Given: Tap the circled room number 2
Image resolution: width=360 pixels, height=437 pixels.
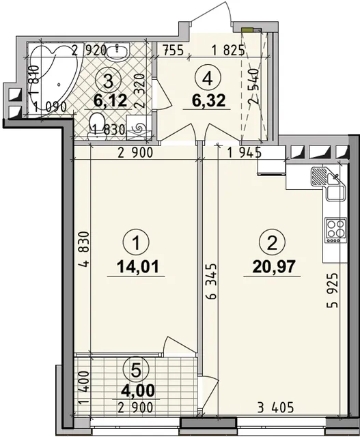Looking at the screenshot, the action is pyautogui.click(x=272, y=243).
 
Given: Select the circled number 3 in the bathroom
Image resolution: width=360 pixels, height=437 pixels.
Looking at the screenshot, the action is pyautogui.click(x=108, y=81).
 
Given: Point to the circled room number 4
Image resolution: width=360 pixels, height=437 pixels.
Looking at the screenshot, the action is pyautogui.click(x=208, y=79).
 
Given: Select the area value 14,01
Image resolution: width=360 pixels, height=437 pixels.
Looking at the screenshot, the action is pyautogui.click(x=138, y=266).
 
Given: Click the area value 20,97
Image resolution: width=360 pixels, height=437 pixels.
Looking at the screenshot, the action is pyautogui.click(x=273, y=266).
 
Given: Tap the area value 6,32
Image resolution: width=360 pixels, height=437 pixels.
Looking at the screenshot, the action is pyautogui.click(x=208, y=100).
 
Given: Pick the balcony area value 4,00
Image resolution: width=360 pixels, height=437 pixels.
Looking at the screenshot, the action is pyautogui.click(x=137, y=390).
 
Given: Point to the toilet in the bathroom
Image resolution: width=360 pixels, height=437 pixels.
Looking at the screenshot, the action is pyautogui.click(x=96, y=126).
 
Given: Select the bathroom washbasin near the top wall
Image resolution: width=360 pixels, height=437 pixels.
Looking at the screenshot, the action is pyautogui.click(x=117, y=52).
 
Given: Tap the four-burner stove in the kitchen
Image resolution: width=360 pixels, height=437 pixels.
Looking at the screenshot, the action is pyautogui.click(x=335, y=230).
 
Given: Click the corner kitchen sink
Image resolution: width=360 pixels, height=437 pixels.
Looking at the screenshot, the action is pyautogui.click(x=328, y=183).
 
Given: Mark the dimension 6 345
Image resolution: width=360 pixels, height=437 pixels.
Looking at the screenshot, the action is pyautogui.click(x=211, y=281).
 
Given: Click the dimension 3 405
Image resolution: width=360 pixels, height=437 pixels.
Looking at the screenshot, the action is pyautogui.click(x=275, y=408).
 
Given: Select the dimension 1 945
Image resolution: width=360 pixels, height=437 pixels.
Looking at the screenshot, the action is pyautogui.click(x=245, y=153).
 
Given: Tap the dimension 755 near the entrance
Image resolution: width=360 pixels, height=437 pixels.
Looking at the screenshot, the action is pyautogui.click(x=174, y=51).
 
